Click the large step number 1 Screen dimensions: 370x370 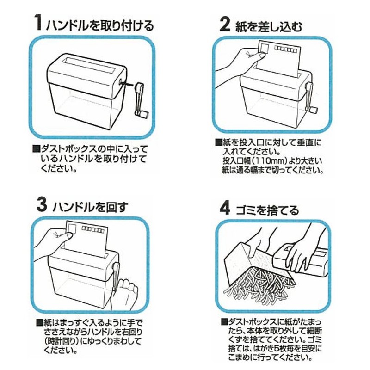pos(38,23)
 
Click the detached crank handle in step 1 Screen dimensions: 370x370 pos(141,101)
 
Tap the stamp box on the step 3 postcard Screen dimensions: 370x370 pos(72,228)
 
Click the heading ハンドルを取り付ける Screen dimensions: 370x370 pos(100,25)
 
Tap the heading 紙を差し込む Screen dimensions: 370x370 pos(269,26)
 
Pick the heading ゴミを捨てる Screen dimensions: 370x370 pos(268,210)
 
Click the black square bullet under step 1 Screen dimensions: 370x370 pos(37,149)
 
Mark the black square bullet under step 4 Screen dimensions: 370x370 pos(224,321)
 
